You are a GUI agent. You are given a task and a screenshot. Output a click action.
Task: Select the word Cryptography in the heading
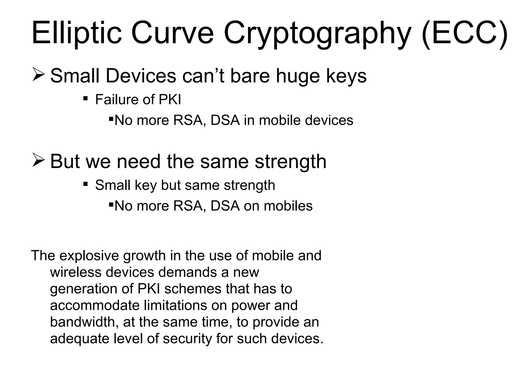coord(317,33)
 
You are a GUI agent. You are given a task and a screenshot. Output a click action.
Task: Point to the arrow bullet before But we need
coord(38,161)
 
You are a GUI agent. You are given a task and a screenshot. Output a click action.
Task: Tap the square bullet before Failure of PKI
coord(85,98)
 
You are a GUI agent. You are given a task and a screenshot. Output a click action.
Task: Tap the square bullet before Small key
coord(85,184)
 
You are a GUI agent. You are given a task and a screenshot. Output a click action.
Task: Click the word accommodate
coord(95,306)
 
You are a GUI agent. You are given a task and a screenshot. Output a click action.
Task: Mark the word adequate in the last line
coord(79,339)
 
